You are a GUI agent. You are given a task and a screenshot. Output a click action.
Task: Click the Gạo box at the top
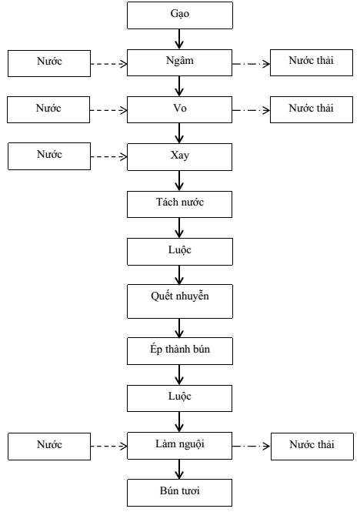(180, 15)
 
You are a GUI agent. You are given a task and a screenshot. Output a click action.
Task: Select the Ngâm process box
(179, 62)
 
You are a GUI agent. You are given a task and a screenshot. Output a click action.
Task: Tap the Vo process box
(179, 109)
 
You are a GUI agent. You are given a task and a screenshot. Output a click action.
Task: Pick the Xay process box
(179, 157)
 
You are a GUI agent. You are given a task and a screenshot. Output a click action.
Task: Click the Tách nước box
(179, 204)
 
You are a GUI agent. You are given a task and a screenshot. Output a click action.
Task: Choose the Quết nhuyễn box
(180, 301)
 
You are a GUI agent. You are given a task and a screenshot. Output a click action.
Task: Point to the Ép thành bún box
(180, 351)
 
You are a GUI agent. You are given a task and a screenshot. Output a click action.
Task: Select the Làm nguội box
(180, 446)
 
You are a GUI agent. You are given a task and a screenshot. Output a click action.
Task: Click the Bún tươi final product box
(179, 493)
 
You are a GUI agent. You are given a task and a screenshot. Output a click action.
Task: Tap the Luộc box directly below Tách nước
(180, 252)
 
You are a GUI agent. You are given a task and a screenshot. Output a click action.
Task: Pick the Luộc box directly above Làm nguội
(179, 398)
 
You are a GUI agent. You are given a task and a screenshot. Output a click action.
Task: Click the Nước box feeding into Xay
(49, 156)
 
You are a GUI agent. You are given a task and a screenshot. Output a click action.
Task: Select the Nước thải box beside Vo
(312, 109)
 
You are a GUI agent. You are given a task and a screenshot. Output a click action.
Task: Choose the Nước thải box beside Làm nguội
(312, 447)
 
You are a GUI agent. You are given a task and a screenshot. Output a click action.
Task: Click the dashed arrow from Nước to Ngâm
(108, 64)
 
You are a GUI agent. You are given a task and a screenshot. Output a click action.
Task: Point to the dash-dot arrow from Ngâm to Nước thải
(251, 64)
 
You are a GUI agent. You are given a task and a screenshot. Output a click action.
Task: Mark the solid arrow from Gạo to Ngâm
(179, 39)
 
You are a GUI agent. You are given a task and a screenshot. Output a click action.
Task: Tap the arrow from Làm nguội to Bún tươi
(179, 469)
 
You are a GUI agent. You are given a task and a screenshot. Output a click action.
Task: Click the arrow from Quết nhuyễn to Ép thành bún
(179, 328)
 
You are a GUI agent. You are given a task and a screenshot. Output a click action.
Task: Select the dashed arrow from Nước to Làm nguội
(108, 446)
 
